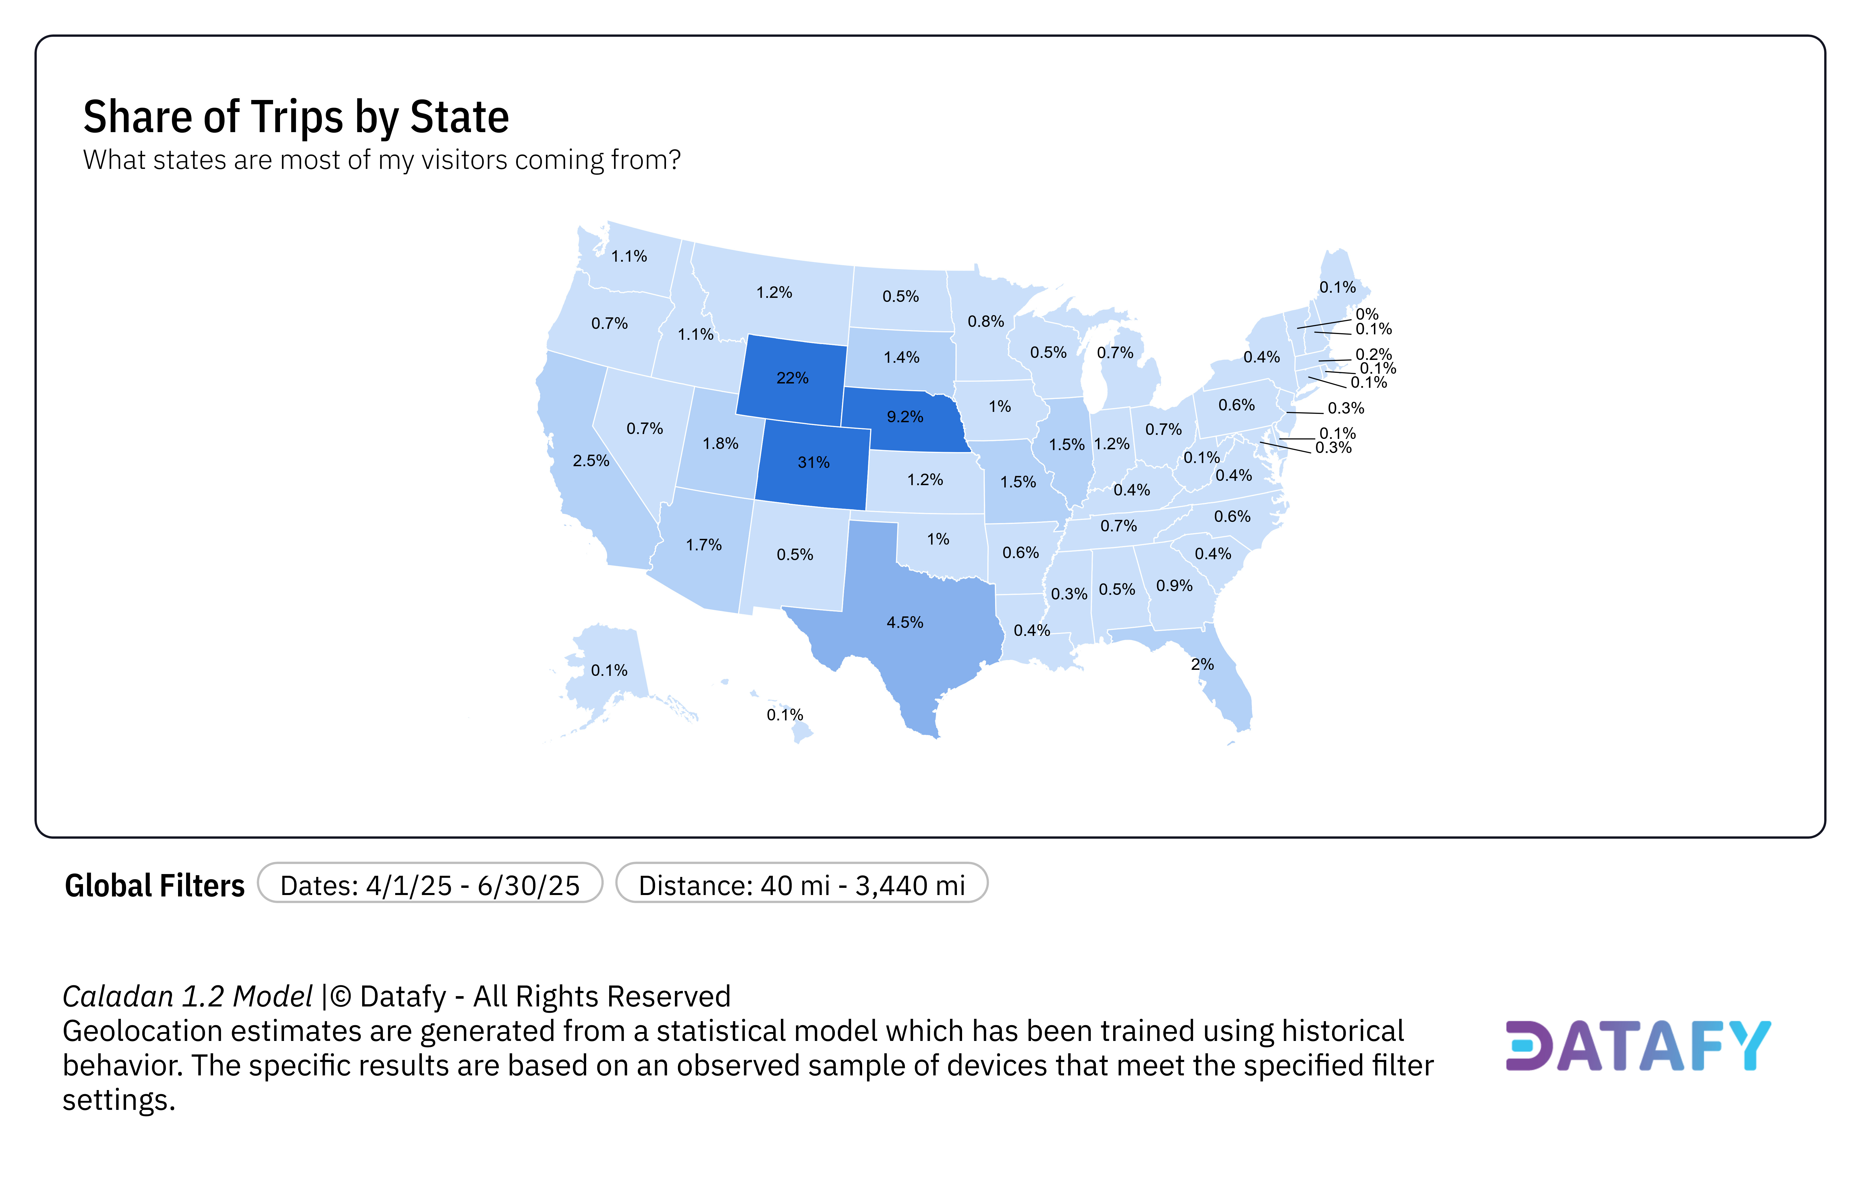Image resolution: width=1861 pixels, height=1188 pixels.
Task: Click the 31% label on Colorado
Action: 813,462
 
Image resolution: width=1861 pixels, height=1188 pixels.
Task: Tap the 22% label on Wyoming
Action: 792,378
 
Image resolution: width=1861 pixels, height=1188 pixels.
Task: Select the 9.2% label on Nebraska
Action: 904,416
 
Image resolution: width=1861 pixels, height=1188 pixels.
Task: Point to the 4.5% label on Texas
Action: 904,622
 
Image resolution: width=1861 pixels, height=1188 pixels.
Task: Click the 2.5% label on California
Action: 590,461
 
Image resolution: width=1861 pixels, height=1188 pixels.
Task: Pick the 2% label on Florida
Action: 1202,664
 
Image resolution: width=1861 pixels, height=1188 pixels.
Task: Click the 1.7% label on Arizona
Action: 703,545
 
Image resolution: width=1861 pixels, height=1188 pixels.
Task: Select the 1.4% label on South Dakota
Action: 901,357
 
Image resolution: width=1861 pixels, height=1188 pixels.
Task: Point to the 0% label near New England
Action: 1366,314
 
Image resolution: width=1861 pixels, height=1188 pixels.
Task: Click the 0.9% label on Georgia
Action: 1174,586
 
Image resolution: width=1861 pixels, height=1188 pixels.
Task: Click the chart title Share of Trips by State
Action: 296,117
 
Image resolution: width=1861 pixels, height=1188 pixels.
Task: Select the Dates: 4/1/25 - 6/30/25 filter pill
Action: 430,885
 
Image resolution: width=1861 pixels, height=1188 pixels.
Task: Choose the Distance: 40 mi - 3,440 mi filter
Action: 802,885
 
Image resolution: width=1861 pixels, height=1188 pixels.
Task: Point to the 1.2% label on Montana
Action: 774,292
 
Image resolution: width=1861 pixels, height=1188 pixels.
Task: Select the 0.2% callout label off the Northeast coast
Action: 1373,354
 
